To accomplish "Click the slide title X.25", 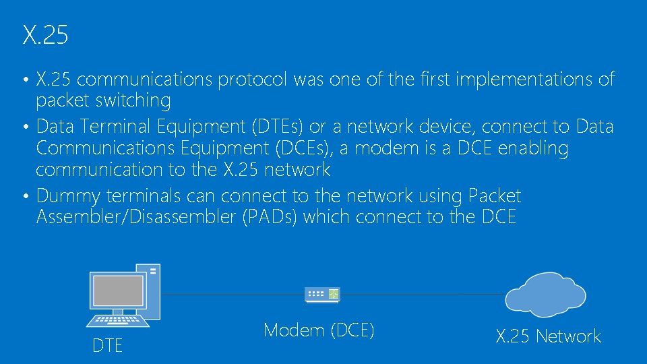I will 45,35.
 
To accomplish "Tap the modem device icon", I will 323,294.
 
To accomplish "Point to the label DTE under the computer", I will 107,346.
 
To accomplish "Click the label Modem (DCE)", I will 319,330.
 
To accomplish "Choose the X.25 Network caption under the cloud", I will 548,336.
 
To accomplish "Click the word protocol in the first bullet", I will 255,80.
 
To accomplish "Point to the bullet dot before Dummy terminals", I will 25,198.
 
